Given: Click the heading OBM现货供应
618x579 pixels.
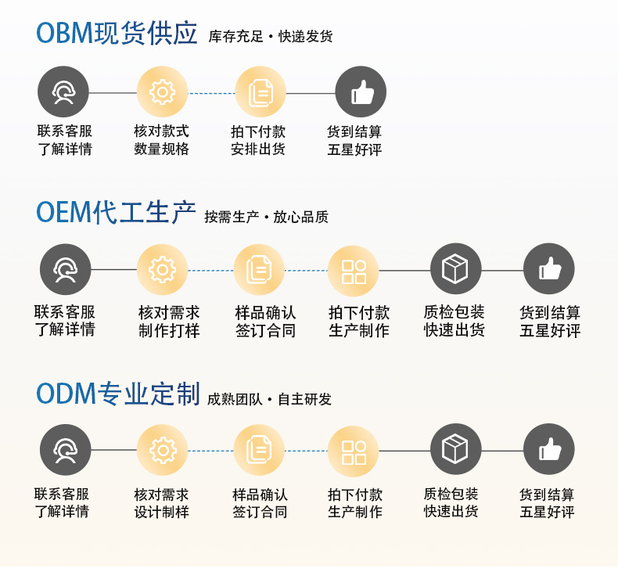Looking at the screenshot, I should pos(117,34).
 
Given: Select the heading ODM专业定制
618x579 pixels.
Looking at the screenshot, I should pos(118,394).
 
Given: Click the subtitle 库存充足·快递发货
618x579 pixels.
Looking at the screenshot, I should pos(271,37).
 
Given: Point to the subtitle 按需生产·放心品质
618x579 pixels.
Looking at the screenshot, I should pos(266,218).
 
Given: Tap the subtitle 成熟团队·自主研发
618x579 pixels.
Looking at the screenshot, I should pos(269,399).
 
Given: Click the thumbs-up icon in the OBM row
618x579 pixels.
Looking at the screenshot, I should pos(361,92).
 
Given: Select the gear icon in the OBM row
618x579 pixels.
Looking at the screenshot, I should pos(162,92).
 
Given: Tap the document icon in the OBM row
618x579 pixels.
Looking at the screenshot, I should pos(260,92).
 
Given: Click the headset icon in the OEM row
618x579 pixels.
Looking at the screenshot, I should pos(65,270).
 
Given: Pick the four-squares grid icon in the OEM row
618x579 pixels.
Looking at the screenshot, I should pos(354,271).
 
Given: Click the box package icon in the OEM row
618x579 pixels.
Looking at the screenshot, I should pos(455,270).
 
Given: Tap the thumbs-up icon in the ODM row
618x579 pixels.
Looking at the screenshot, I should pos(549,450).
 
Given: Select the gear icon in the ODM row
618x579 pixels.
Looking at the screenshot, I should pos(162,450).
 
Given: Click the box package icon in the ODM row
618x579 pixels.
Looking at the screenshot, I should pos(455,450).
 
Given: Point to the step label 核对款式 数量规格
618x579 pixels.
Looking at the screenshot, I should pos(161,140).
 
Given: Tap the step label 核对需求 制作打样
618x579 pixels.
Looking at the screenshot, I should pos(169,322).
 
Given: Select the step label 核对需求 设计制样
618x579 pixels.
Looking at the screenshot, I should pos(161,503).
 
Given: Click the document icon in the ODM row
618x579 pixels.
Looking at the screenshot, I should pos(259,450).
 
